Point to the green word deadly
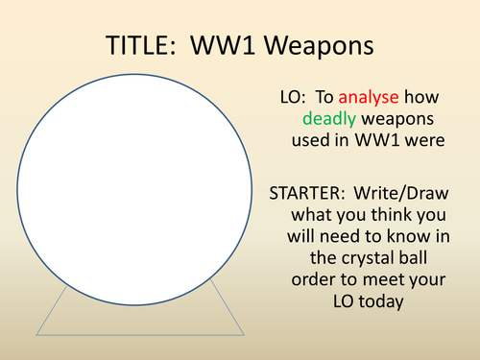point(331,119)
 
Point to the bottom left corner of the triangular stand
point(36,334)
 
